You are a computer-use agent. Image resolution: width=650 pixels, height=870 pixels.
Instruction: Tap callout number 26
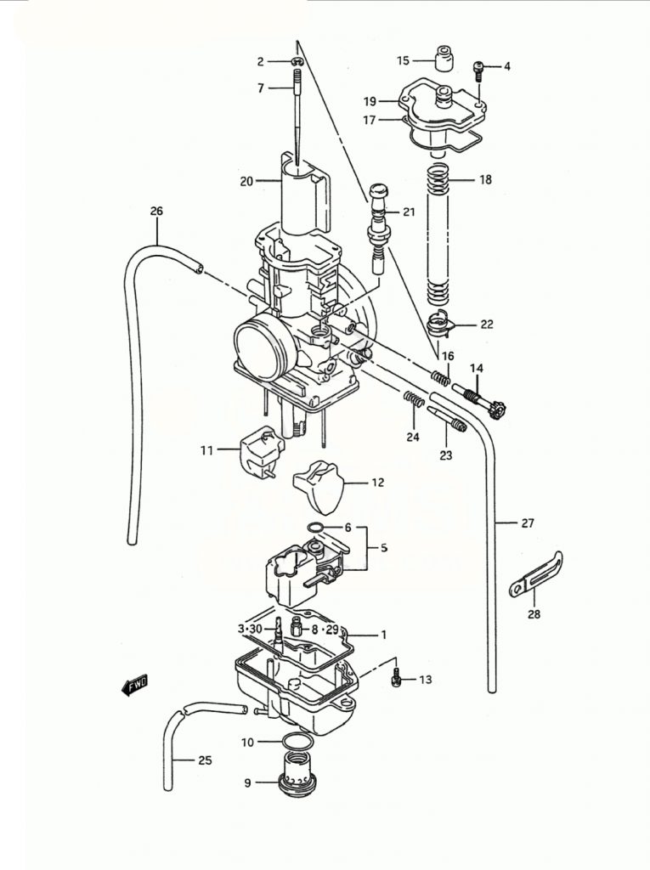(x=155, y=211)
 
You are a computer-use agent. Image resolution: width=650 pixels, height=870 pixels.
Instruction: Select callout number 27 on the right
(x=528, y=523)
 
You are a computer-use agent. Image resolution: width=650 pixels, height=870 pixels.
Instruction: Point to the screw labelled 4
(x=478, y=68)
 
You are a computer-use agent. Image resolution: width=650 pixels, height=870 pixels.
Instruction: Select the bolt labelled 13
(x=396, y=678)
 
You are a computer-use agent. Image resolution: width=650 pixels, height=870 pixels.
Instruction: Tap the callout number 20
(x=246, y=181)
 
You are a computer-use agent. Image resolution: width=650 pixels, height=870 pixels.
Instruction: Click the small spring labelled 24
(x=413, y=398)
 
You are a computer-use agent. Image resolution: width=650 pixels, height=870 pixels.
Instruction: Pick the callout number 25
(x=205, y=760)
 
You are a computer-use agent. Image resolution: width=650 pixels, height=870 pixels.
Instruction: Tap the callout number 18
(x=485, y=180)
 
